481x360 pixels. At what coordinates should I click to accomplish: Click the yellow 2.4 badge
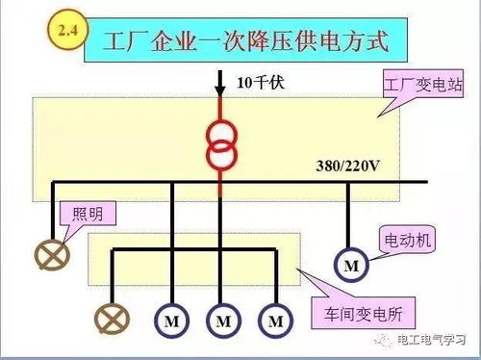67,31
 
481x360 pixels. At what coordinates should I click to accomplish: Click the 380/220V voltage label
348,166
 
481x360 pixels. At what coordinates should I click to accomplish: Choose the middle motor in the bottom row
223,319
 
